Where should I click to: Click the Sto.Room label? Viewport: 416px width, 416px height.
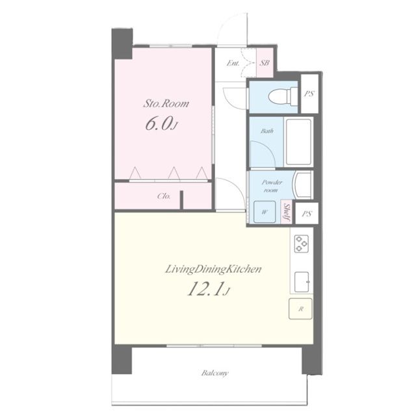pyautogui.click(x=166, y=103)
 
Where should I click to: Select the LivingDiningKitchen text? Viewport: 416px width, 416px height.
pyautogui.click(x=213, y=269)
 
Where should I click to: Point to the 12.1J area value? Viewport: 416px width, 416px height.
pyautogui.click(x=208, y=289)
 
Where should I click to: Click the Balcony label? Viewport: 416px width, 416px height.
pyautogui.click(x=214, y=373)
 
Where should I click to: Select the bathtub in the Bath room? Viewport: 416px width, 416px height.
pyautogui.click(x=298, y=142)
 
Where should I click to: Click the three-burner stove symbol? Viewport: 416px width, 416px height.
pyautogui.click(x=302, y=243)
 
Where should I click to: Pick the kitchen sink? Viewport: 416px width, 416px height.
pyautogui.click(x=302, y=281)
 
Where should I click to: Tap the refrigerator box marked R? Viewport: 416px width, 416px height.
pyautogui.click(x=300, y=309)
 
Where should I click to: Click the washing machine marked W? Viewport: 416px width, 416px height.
pyautogui.click(x=265, y=212)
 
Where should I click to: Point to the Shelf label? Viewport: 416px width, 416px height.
pyautogui.click(x=287, y=213)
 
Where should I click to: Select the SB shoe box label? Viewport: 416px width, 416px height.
pyautogui.click(x=265, y=63)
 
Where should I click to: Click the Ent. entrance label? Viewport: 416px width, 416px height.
pyautogui.click(x=233, y=63)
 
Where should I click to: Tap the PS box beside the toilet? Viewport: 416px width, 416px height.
pyautogui.click(x=309, y=94)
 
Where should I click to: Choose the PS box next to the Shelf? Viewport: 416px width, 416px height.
pyautogui.click(x=307, y=214)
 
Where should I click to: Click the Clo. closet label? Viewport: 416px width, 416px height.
pyautogui.click(x=164, y=196)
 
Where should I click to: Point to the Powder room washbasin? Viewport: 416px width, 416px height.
pyautogui.click(x=303, y=185)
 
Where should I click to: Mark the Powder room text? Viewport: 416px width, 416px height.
pyautogui.click(x=271, y=187)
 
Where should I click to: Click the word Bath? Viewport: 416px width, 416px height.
pyautogui.click(x=266, y=131)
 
